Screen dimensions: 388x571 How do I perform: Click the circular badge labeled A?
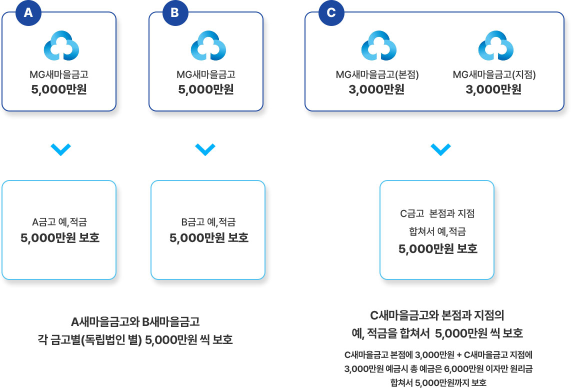click(x=28, y=13)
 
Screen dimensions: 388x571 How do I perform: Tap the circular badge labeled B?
click(x=174, y=13)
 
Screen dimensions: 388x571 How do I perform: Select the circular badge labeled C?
click(x=331, y=13)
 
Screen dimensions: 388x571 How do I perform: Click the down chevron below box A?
click(x=61, y=149)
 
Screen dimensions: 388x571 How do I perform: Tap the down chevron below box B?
click(x=205, y=149)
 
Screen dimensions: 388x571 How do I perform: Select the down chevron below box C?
click(x=440, y=149)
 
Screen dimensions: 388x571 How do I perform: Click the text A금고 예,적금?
click(x=59, y=222)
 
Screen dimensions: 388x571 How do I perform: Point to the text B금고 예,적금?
click(x=208, y=222)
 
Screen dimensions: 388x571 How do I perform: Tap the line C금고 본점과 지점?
click(x=437, y=213)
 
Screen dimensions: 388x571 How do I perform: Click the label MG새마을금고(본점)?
click(x=377, y=75)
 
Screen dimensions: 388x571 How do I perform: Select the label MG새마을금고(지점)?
click(x=494, y=75)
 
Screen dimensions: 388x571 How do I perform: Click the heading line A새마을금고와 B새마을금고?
click(x=135, y=321)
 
